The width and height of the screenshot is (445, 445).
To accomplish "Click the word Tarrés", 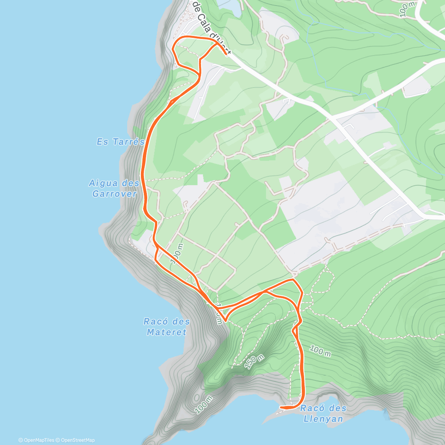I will click(x=128, y=142).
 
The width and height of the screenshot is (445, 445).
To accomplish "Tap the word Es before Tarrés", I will click(x=102, y=142).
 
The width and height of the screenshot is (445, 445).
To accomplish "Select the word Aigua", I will click(x=103, y=183).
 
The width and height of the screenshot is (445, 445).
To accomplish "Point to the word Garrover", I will click(x=115, y=194).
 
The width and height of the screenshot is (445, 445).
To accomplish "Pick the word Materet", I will click(x=167, y=332).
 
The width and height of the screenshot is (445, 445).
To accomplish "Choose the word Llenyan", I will click(x=323, y=419).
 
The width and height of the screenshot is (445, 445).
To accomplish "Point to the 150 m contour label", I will click(x=254, y=362).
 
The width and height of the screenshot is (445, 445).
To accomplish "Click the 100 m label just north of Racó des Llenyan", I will click(x=320, y=351).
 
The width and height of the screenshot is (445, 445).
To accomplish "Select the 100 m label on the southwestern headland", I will click(x=204, y=404).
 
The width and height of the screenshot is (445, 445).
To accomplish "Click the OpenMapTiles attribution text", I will click(x=36, y=440).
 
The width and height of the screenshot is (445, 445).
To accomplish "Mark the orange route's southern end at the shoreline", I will click(x=281, y=407).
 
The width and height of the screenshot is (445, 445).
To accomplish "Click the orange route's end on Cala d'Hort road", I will click(x=226, y=55).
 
